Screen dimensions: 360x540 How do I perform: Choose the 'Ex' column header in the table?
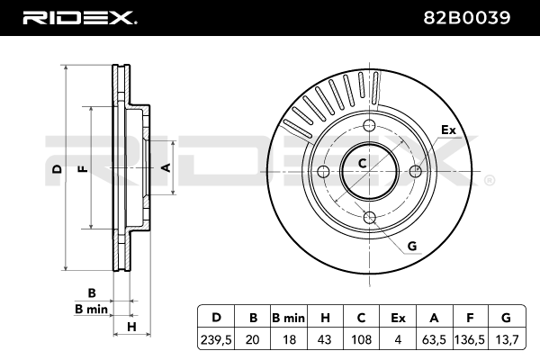click(398, 317)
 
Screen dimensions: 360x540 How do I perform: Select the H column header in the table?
click(326, 317)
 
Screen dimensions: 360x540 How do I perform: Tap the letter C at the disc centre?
click(363, 163)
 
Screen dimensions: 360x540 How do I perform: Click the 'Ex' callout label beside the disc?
click(448, 130)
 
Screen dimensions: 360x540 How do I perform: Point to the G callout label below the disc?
click(412, 246)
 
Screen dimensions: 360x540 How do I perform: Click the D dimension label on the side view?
click(56, 169)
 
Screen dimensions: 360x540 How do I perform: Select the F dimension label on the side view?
click(82, 169)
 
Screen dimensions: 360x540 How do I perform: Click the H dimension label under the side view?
click(131, 326)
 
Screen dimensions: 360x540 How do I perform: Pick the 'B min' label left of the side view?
click(91, 309)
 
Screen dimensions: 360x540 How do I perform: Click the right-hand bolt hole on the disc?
click(415, 170)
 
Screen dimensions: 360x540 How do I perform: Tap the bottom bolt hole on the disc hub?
click(369, 216)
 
